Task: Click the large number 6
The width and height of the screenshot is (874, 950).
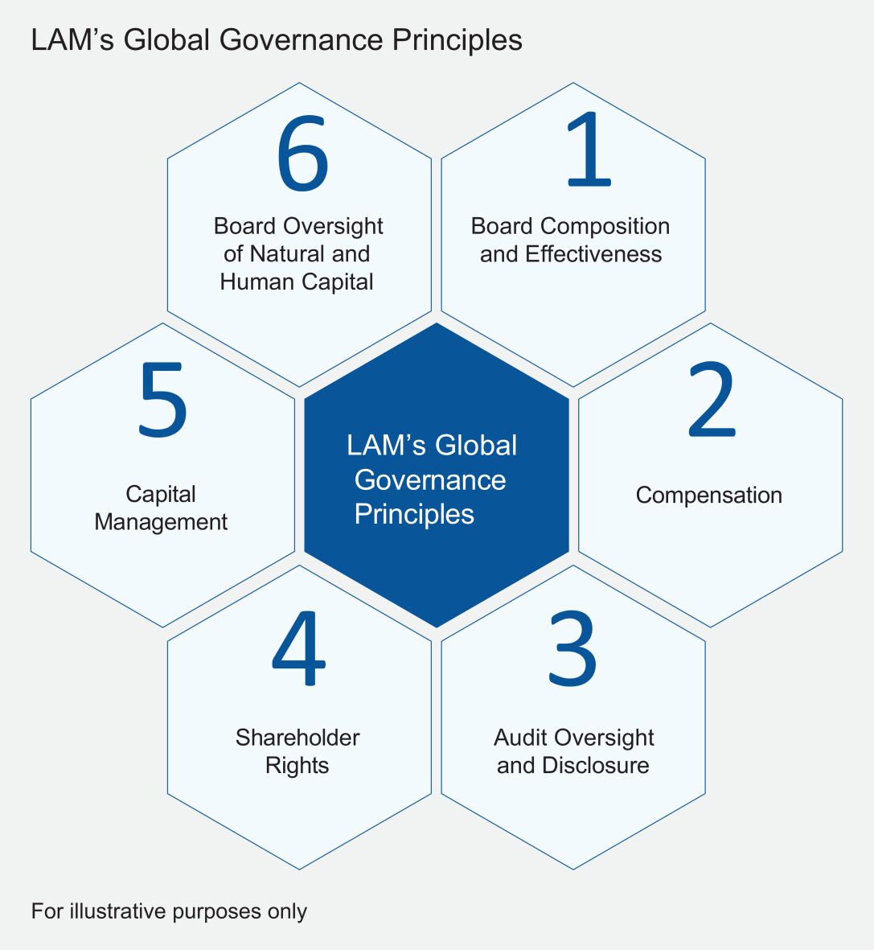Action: [302, 154]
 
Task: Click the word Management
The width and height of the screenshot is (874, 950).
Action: [161, 522]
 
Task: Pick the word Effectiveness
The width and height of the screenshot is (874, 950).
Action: [593, 254]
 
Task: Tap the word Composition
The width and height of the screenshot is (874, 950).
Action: [605, 227]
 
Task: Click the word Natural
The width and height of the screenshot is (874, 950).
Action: [286, 254]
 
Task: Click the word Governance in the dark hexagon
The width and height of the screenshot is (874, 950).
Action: [430, 480]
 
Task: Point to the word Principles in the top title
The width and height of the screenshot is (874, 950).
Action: [458, 41]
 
